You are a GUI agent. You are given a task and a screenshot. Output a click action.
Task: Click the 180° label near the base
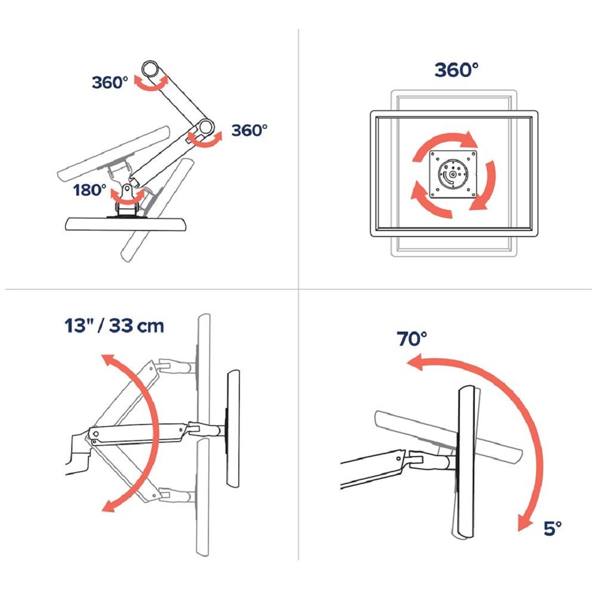pos(90,190)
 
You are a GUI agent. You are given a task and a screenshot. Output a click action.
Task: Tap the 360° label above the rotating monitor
pos(456,70)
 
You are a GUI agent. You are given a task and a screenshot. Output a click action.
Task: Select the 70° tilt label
pos(412,338)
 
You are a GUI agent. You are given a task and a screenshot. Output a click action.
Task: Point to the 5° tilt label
pos(552,528)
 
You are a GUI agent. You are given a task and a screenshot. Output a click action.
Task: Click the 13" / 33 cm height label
pos(114,326)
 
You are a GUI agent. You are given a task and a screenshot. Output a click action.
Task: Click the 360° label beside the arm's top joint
pos(109,82)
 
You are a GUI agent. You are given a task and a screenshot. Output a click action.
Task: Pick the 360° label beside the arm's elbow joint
pos(249,130)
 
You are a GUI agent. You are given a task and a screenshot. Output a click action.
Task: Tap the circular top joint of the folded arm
pos(151,70)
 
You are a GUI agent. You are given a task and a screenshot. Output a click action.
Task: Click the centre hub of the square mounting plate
pos(453,174)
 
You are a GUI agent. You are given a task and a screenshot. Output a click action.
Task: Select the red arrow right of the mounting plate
pos(488,187)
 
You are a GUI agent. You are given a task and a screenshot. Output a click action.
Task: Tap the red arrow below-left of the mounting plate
pos(428,203)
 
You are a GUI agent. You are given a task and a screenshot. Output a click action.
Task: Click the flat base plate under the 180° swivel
pos(127,224)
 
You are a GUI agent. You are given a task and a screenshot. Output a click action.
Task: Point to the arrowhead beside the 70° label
pos(415,362)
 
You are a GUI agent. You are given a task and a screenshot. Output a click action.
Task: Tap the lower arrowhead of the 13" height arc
pos(109,506)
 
